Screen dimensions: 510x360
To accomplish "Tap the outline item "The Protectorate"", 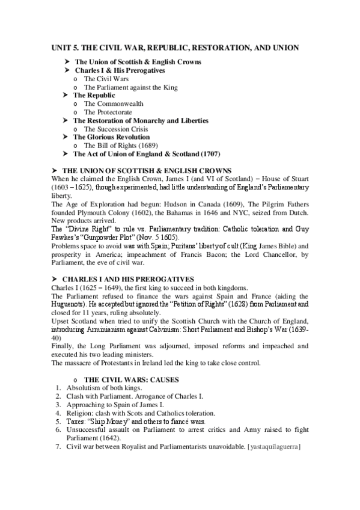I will pos(108,112).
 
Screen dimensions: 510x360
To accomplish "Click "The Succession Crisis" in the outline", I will pos(116,129).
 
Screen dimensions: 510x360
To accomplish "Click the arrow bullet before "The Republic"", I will pos(67,95).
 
